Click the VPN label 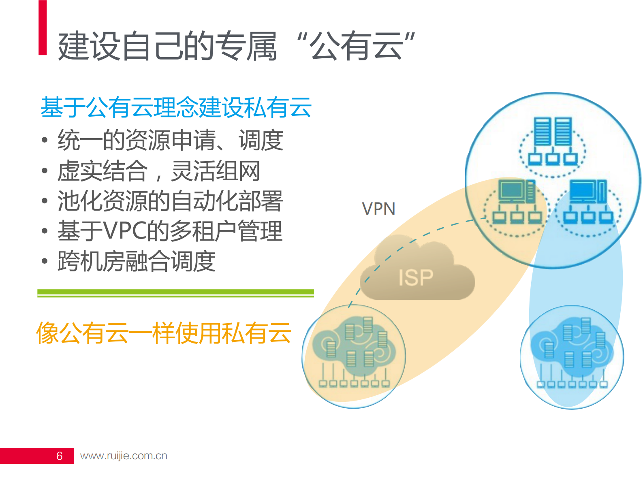378,209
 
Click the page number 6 59,456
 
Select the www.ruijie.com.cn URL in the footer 124,456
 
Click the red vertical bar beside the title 43,28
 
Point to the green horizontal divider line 175,293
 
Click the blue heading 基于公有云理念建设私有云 176,107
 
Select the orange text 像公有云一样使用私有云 164,333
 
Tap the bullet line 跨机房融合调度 136,261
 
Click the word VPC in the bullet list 124,231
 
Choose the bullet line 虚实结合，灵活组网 158,171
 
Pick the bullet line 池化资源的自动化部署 170,201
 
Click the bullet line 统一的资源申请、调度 170,141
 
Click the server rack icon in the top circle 553,131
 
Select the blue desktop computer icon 588,191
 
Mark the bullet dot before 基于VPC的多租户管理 45,231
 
